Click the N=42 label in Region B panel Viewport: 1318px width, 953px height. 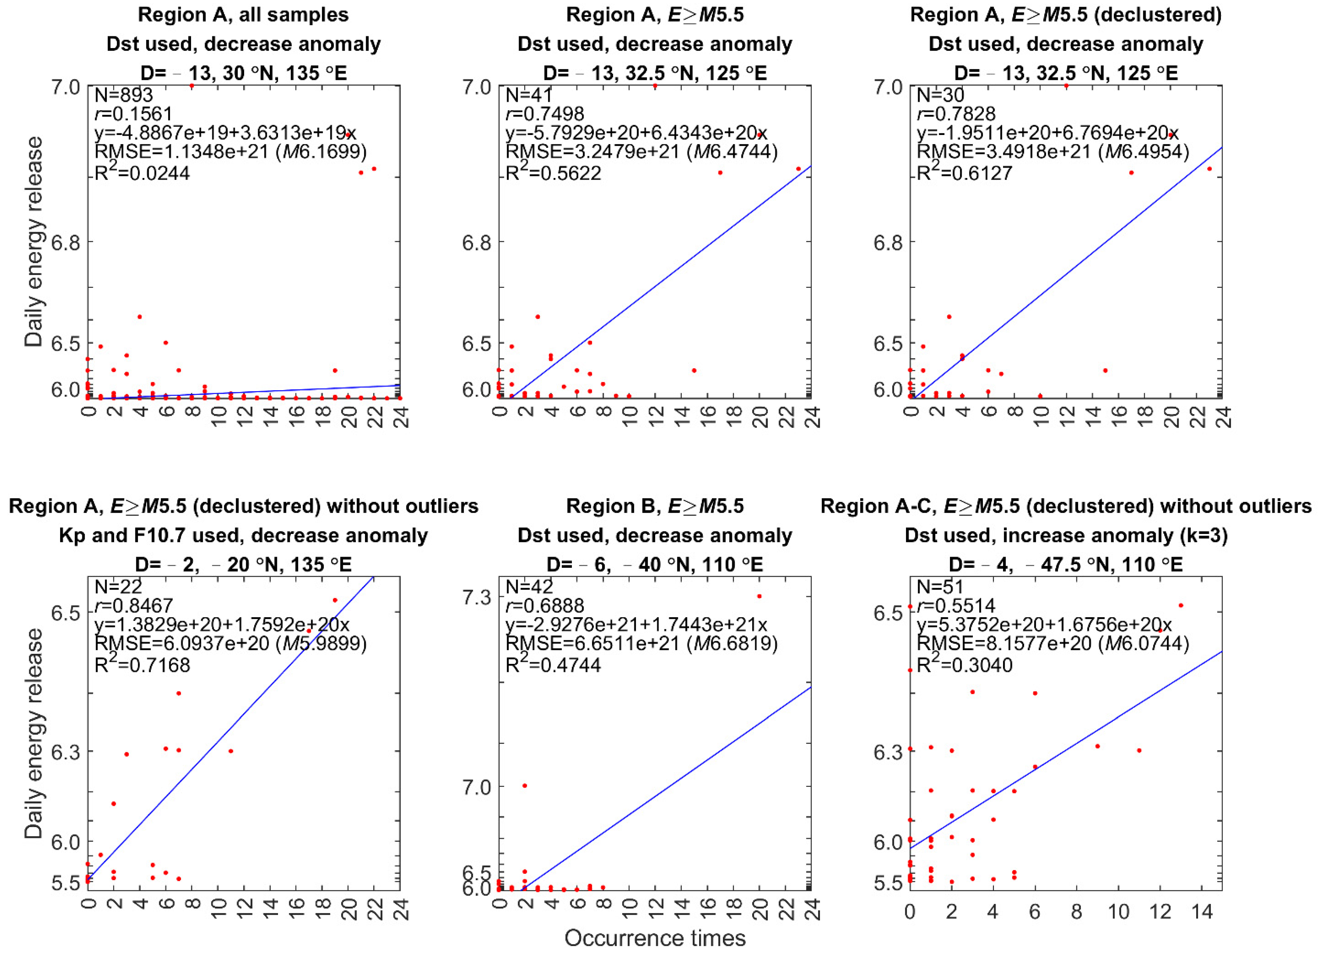tap(529, 586)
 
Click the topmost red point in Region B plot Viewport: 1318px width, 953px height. tap(759, 596)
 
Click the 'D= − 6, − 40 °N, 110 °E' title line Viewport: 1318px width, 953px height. tap(655, 564)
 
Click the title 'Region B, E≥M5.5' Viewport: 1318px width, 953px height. tap(655, 506)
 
